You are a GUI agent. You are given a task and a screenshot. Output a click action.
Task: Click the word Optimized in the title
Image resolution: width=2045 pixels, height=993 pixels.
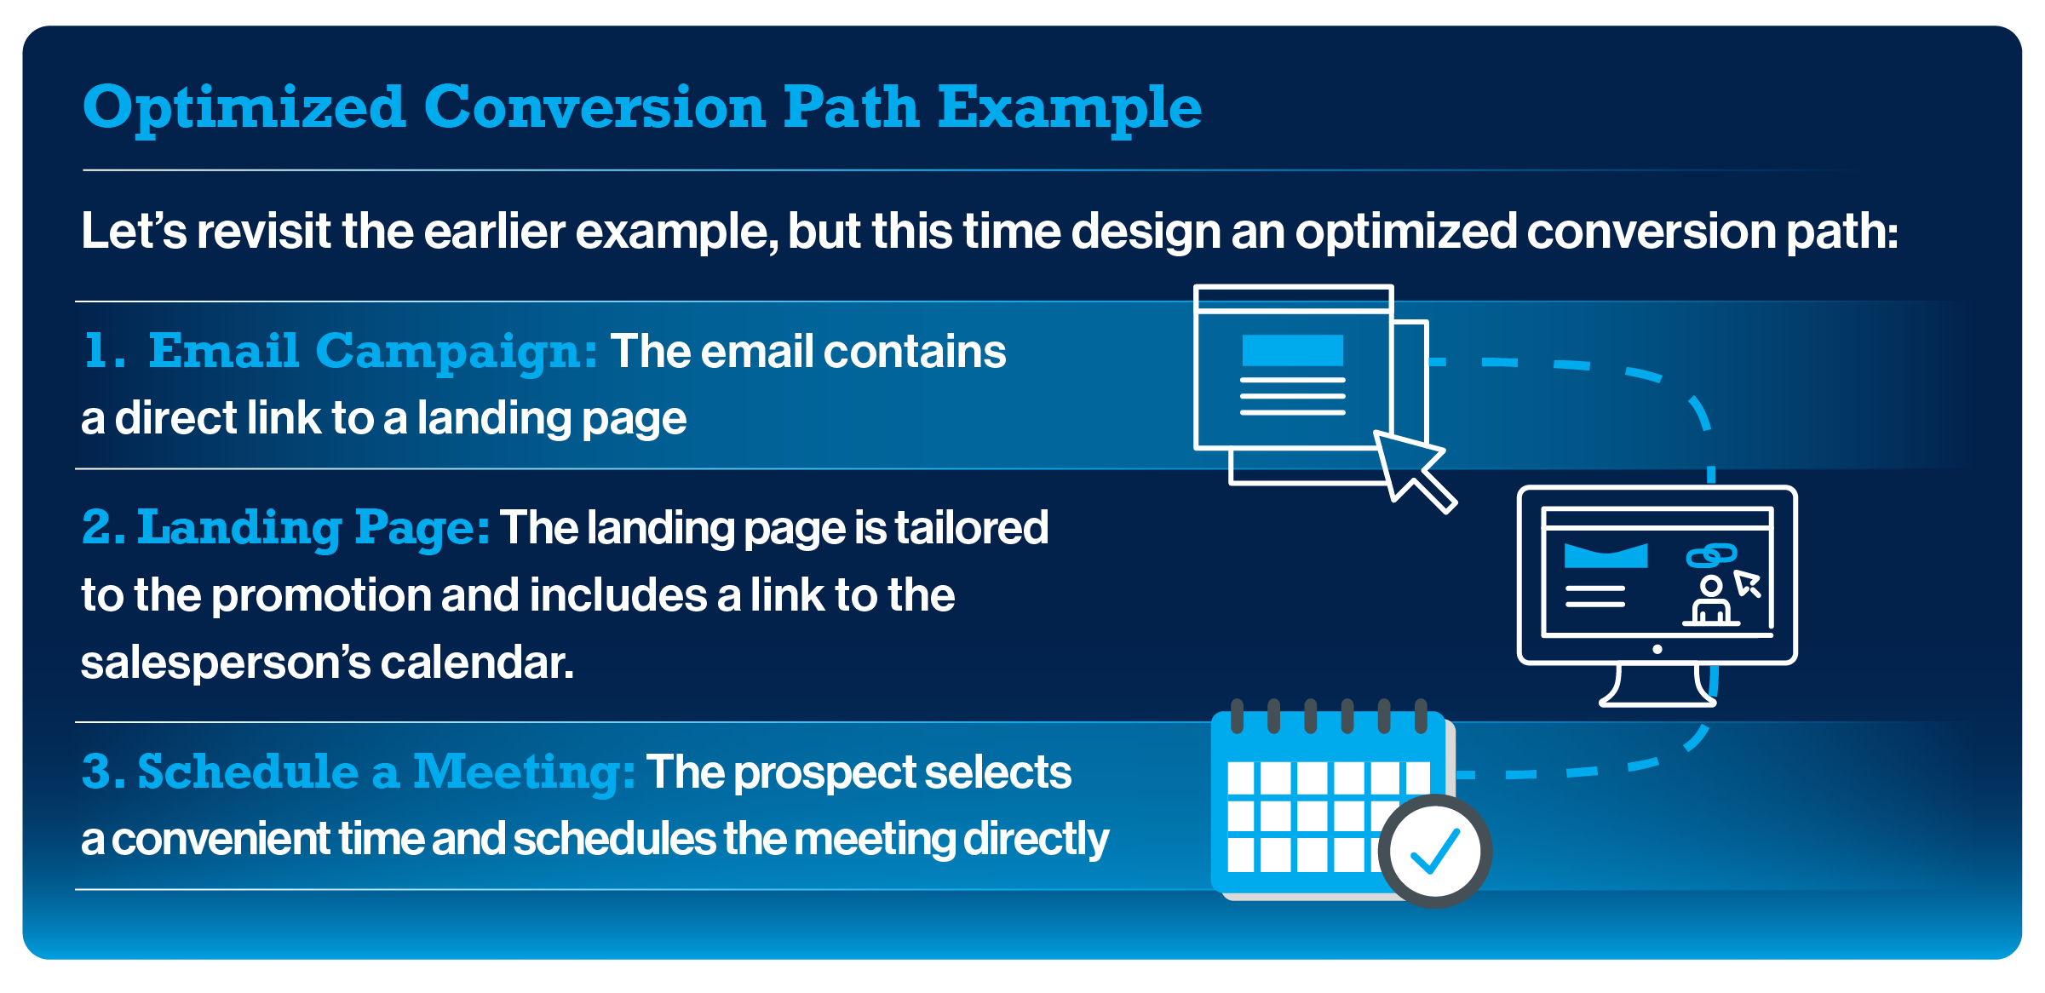coord(244,108)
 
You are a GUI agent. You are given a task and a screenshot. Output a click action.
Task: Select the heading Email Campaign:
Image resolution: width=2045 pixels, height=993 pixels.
coord(373,351)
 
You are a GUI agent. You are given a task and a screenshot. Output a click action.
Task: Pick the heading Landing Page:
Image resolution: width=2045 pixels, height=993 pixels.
coord(313,527)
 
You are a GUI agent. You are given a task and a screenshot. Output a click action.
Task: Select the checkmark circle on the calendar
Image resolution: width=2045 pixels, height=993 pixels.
coord(1434,851)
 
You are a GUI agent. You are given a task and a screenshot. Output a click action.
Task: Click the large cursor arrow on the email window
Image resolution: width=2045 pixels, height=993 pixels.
coord(1410,468)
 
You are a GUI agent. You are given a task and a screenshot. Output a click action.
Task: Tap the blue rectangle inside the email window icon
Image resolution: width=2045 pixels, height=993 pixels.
coord(1292,350)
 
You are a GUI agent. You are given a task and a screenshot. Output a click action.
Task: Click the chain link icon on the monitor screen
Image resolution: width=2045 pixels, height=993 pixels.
coord(1710,555)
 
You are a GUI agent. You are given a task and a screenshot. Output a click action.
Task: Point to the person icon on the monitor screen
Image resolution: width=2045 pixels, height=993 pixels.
coord(1710,601)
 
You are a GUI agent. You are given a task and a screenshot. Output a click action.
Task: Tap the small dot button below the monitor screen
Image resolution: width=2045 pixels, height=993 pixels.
coord(1657,649)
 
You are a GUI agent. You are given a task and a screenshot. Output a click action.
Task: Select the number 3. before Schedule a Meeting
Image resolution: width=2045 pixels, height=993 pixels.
coord(102,772)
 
